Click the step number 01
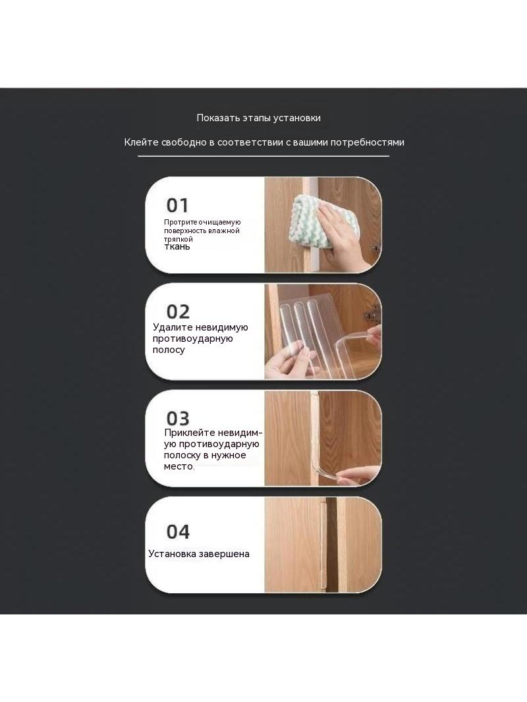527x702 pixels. pos(177,205)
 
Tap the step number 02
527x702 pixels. pos(178,311)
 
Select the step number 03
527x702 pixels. pos(178,419)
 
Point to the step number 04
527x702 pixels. pos(178,532)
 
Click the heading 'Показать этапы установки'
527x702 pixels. pos(258,118)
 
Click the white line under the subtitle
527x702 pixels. pos(263,156)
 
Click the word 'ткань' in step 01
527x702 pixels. pos(177,247)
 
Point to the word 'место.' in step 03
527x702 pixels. pos(179,466)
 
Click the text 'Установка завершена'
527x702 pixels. pos(199,554)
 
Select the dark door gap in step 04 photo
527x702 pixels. pos(332,545)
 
